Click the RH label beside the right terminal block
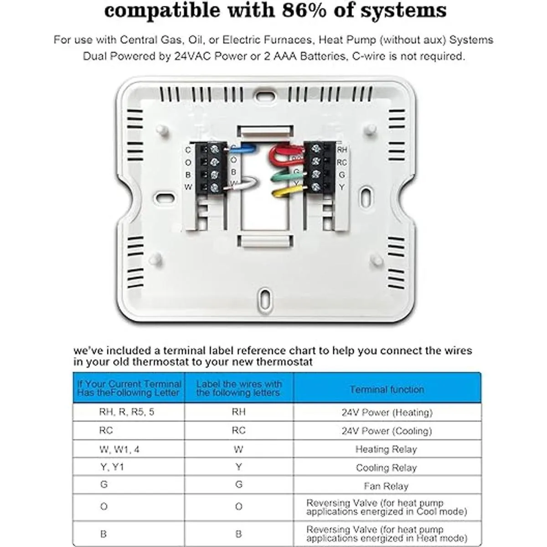coord(342,150)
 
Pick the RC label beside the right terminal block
coord(342,162)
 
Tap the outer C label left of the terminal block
coord(188,150)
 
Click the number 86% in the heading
coord(303,10)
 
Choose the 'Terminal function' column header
coord(387,389)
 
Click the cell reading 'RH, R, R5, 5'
coord(127,412)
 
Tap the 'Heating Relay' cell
coord(386,449)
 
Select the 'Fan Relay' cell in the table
coord(386,486)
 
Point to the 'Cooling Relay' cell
coord(386,468)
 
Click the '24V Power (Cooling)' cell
coord(386,431)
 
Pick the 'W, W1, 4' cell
coord(119,449)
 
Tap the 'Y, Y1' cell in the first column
coord(112,468)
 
